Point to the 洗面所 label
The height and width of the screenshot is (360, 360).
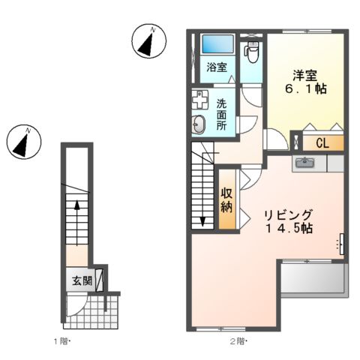(x=223, y=115)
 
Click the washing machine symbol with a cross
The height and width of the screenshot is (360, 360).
(x=200, y=100)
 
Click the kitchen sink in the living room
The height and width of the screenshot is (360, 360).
(x=305, y=162)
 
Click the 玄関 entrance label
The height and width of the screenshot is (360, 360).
(x=82, y=282)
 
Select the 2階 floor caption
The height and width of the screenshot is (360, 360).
(x=237, y=342)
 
